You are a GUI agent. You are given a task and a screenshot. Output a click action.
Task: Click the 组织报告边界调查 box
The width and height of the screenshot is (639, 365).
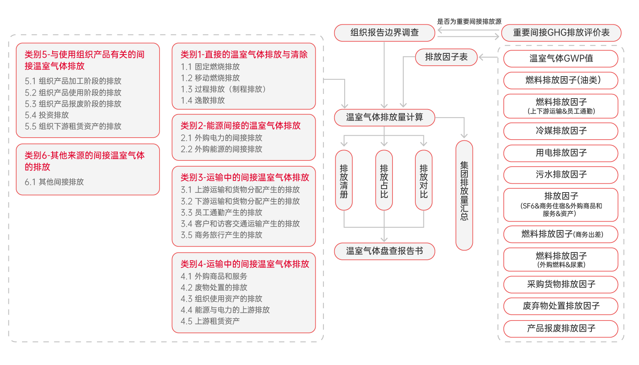[x=384, y=33]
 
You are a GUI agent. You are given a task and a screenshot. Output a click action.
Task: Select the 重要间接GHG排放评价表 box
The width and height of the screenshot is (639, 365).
[x=561, y=33]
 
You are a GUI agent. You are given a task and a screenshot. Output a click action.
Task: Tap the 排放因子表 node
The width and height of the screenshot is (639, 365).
[x=446, y=57]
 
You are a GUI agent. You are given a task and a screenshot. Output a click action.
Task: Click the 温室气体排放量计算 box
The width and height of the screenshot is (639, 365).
[x=384, y=118]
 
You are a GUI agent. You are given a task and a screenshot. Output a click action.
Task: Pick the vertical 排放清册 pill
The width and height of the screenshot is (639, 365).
[x=344, y=180]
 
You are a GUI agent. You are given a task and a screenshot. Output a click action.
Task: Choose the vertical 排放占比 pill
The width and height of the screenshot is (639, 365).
[x=384, y=180]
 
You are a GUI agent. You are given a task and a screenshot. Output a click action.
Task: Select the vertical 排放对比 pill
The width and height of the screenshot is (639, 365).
[x=424, y=180]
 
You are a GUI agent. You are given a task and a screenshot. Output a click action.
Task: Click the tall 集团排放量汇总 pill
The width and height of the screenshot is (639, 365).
[x=464, y=195]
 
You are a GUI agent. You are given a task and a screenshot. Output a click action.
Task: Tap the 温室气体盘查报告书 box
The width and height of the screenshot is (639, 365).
[x=384, y=251]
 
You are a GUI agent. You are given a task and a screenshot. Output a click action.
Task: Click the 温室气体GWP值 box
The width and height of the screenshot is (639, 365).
[x=561, y=58]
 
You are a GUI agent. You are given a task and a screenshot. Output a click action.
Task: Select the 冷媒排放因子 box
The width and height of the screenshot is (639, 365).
[x=561, y=131]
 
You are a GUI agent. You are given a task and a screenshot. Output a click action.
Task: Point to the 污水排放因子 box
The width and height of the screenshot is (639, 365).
[x=561, y=175]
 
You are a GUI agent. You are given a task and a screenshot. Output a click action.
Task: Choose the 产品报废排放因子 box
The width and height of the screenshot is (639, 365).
[x=561, y=329]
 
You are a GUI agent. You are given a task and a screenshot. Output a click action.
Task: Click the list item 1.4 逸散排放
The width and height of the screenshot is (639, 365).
[x=203, y=101]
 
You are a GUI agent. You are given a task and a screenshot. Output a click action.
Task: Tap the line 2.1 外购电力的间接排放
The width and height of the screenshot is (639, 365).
[x=221, y=138]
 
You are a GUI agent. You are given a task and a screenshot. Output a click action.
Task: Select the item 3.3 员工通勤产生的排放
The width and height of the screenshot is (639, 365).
[x=221, y=213]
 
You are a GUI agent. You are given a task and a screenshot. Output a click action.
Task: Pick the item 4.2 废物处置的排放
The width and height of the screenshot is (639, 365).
[x=214, y=287]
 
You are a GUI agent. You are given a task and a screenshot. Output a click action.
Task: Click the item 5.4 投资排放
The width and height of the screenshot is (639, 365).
[x=47, y=115]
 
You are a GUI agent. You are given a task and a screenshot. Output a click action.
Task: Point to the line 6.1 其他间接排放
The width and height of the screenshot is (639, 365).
[x=54, y=182]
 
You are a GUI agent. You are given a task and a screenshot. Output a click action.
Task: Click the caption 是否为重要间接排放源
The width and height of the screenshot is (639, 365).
[x=469, y=21]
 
